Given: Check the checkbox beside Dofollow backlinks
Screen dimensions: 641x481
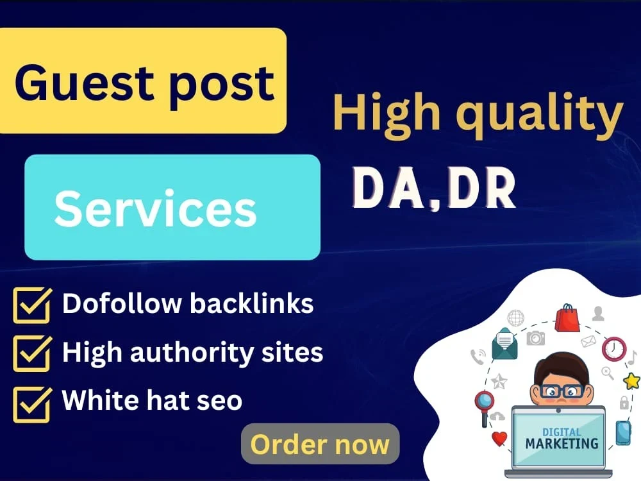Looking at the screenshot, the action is [32, 305].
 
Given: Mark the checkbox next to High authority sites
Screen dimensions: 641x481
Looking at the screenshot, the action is [32, 353].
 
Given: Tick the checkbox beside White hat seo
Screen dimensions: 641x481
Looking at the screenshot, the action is [32, 404].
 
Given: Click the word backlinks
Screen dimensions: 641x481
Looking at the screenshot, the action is [251, 303].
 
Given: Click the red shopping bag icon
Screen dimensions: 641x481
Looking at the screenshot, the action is [567, 318].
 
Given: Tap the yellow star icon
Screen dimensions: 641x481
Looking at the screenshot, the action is [632, 381].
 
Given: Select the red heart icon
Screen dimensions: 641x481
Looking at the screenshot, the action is [499, 439].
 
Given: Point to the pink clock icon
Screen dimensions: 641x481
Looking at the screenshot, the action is [613, 348].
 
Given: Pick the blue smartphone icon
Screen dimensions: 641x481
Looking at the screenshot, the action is [624, 433].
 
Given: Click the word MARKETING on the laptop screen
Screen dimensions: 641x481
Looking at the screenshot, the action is [562, 443].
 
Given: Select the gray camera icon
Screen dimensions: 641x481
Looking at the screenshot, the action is [536, 338].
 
